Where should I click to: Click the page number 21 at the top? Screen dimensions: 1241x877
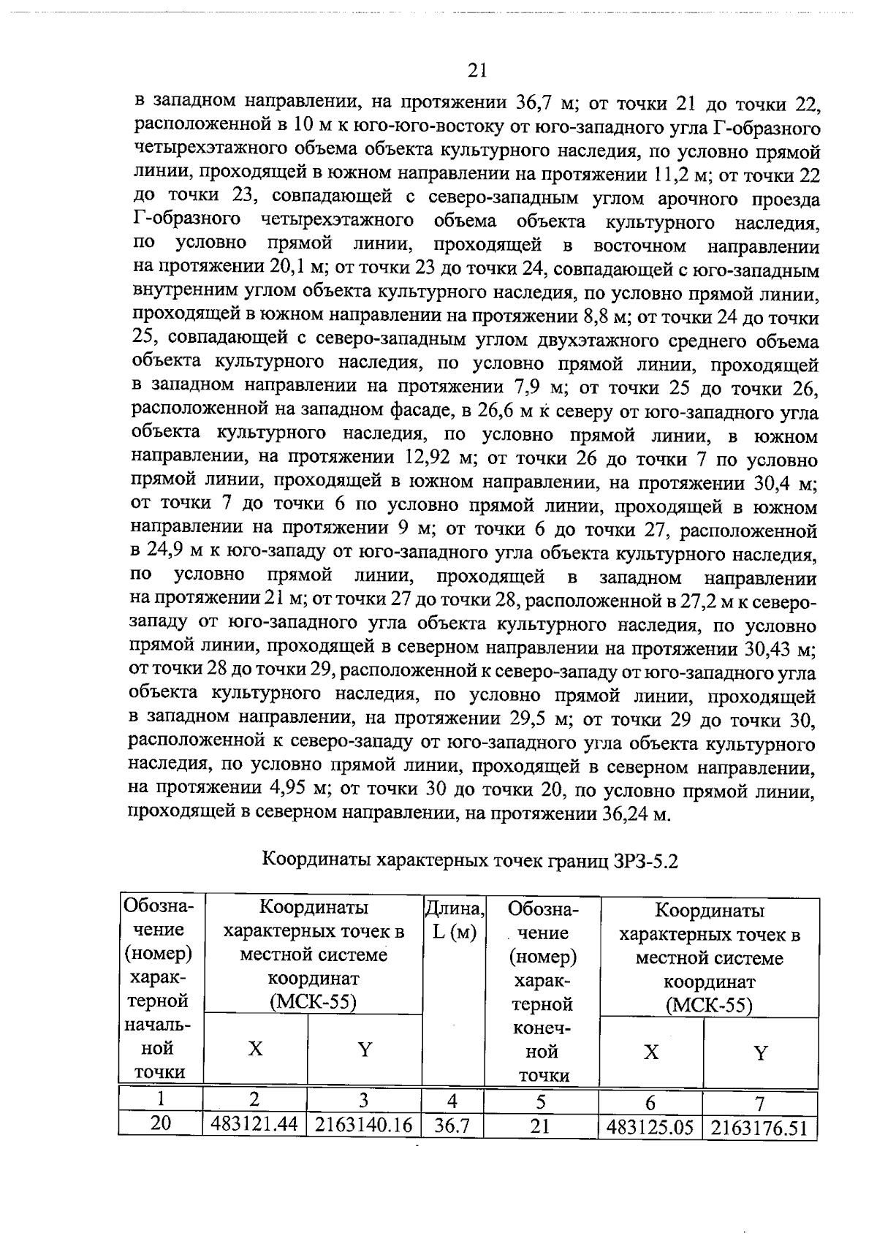pyautogui.click(x=476, y=70)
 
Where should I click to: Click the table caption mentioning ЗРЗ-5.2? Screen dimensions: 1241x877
pyautogui.click(x=470, y=859)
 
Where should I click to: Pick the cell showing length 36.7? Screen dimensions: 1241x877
pyautogui.click(x=452, y=1126)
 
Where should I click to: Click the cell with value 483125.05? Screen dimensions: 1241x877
pyautogui.click(x=650, y=1128)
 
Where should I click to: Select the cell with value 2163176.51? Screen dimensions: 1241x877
pyautogui.click(x=759, y=1128)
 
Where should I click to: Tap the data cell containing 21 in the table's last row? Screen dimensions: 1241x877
pyautogui.click(x=539, y=1126)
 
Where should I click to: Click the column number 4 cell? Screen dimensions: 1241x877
pyautogui.click(x=452, y=1101)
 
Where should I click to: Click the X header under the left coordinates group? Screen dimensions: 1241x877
pyautogui.click(x=254, y=1050)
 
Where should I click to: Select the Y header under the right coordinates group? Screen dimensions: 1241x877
pyautogui.click(x=760, y=1053)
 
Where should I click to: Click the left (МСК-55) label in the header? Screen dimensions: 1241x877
pyautogui.click(x=313, y=1002)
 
